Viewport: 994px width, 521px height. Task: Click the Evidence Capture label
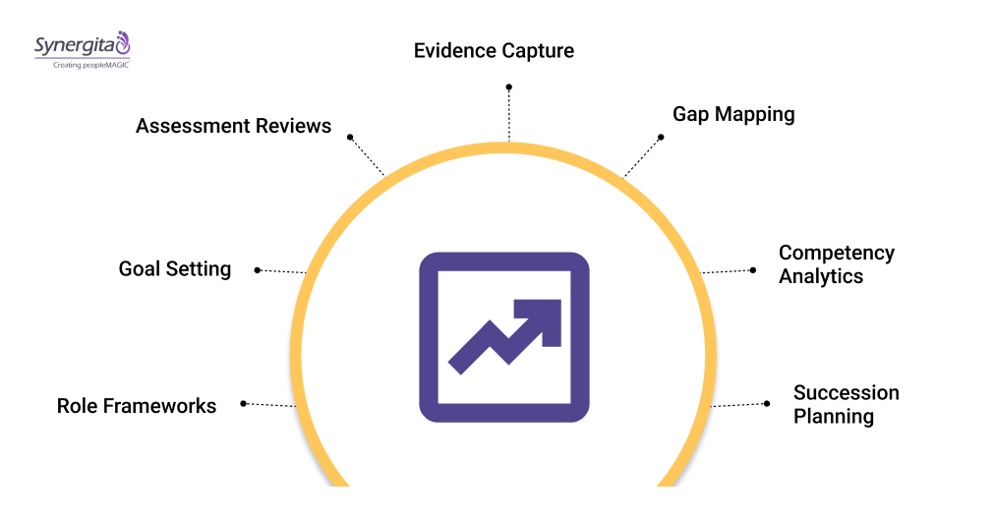point(494,50)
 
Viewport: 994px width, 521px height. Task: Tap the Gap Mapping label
point(733,114)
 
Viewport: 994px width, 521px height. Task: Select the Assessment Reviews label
point(233,126)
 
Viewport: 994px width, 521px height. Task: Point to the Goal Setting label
point(175,268)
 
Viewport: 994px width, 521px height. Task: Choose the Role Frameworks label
point(137,405)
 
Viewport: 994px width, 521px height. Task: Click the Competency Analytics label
point(836,264)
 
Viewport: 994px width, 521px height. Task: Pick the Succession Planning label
point(846,404)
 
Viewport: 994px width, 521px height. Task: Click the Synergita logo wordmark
point(74,45)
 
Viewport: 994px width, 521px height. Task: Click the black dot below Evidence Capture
point(509,87)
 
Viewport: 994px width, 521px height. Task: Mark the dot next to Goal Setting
point(258,269)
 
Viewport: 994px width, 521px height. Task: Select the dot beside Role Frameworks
point(243,403)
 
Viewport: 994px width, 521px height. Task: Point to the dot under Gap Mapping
point(661,137)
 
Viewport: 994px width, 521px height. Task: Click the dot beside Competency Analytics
point(753,269)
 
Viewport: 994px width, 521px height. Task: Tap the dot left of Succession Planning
point(767,403)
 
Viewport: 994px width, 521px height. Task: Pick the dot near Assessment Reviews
point(350,138)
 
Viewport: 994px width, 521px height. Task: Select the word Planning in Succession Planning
point(834,416)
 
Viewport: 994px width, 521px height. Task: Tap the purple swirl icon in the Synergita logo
point(122,41)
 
